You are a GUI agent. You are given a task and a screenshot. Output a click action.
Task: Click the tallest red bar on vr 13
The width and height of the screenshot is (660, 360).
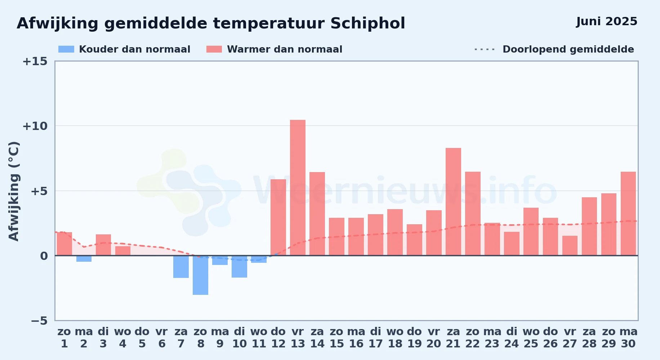tap(298, 188)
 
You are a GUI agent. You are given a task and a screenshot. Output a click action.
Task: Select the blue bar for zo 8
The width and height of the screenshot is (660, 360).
tap(200, 275)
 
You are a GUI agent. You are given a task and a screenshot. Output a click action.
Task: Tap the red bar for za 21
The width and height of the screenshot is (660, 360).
tap(453, 202)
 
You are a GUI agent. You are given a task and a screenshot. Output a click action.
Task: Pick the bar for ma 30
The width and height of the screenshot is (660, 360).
tap(628, 213)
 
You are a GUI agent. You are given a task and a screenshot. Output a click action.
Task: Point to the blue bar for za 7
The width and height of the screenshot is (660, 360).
tap(181, 267)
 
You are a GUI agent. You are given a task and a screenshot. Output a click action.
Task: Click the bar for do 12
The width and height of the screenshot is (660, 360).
tap(278, 217)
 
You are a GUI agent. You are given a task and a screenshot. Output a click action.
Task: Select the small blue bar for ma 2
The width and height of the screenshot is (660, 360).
tap(84, 258)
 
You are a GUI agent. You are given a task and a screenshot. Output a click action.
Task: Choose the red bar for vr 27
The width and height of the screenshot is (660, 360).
tap(570, 246)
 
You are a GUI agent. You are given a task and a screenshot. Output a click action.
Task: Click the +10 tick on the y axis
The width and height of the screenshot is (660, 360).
tap(35, 126)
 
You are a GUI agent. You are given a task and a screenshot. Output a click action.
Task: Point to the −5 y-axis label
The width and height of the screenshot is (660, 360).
tap(39, 321)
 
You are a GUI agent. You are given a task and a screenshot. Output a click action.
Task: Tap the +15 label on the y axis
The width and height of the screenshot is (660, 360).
tap(35, 61)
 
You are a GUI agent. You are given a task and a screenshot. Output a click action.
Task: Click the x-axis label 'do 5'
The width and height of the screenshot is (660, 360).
tap(142, 338)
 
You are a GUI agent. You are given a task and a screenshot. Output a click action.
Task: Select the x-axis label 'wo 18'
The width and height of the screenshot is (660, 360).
tap(395, 338)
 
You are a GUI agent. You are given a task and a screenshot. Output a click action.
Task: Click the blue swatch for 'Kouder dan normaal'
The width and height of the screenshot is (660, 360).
tap(66, 49)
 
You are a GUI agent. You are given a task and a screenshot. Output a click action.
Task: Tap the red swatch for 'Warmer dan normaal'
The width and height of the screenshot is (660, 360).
tap(214, 49)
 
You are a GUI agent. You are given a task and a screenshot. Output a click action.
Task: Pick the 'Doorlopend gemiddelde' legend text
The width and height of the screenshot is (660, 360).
tap(568, 49)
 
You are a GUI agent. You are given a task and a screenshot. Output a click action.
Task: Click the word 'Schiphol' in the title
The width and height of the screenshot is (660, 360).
tap(367, 24)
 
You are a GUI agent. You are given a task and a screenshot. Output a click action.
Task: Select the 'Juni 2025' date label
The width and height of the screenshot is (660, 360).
tap(607, 22)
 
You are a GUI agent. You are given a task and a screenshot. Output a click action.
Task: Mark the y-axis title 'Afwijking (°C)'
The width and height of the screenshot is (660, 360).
tap(14, 191)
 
